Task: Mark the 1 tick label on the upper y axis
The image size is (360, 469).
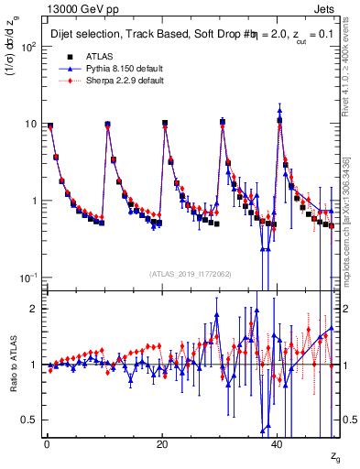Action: pos(33,201)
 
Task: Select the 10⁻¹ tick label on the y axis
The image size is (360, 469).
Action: pos(27,278)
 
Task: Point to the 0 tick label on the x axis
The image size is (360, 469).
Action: pos(46,443)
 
